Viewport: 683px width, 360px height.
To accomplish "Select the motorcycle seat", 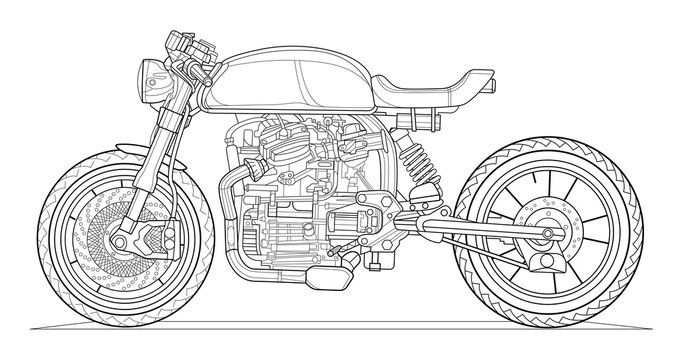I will click(430, 89).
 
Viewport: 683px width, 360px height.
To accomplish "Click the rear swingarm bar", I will click(470, 239).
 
